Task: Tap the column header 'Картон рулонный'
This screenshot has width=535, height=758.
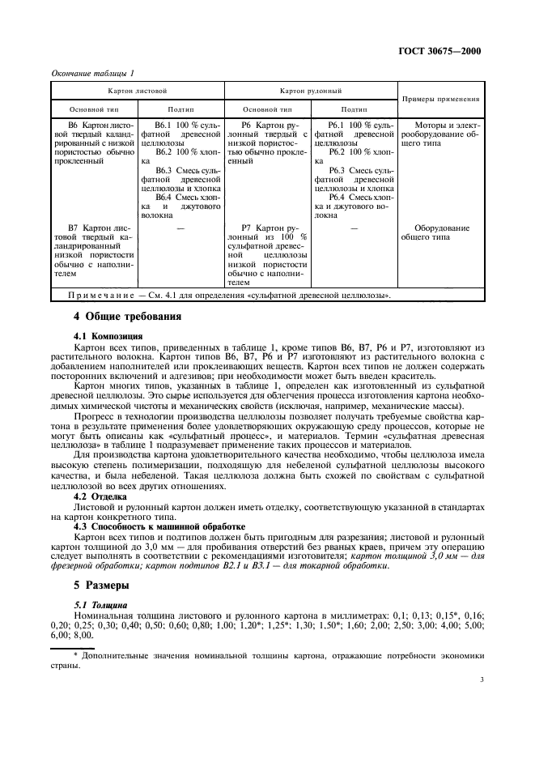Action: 310,92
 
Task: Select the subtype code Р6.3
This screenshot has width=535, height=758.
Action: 338,169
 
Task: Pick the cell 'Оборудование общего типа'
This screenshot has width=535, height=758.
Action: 440,233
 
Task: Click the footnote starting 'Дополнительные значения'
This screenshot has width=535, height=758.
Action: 275,657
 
